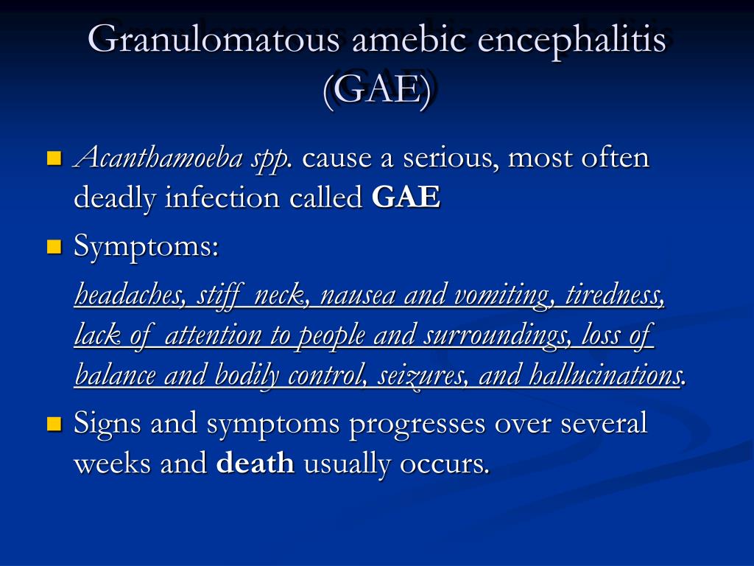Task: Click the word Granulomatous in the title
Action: [x=214, y=38]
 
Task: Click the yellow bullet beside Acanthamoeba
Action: [x=54, y=158]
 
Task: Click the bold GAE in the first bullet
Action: [x=406, y=197]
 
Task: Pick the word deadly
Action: [x=115, y=198]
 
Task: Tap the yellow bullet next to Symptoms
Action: [x=54, y=247]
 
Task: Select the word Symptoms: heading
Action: [x=147, y=246]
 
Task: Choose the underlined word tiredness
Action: [x=615, y=294]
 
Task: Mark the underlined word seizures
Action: [x=422, y=375]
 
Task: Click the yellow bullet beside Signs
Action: [x=54, y=424]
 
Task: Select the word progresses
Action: [x=417, y=424]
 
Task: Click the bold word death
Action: [x=256, y=463]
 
